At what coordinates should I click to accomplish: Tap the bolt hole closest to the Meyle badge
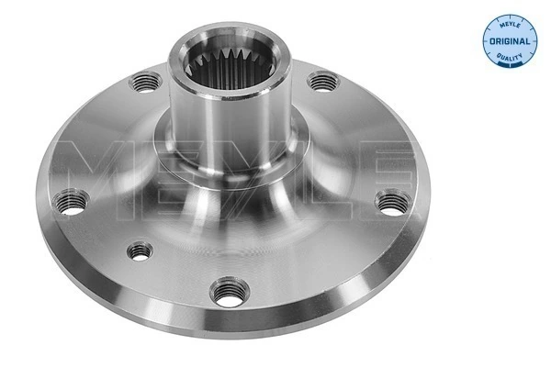coord(320,83)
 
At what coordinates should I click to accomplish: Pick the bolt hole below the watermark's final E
coord(393,202)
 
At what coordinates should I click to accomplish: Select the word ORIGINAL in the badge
coord(509,42)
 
